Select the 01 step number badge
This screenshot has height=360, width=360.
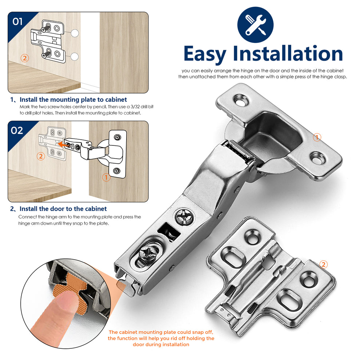[x=17, y=21]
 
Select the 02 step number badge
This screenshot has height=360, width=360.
[x=17, y=130]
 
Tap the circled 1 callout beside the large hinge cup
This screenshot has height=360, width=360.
[x=317, y=137]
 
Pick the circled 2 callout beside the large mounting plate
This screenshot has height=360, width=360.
[x=324, y=264]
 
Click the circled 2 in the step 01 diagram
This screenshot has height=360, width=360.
[x=25, y=58]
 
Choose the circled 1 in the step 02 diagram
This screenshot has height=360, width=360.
[x=106, y=178]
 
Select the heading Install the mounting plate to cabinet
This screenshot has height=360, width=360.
[x=73, y=100]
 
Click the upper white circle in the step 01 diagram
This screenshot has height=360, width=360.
[x=75, y=33]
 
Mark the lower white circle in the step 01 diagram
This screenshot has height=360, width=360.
[x=75, y=56]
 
